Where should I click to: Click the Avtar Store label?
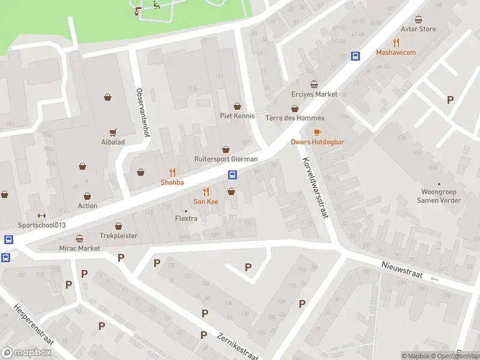coord(418,29)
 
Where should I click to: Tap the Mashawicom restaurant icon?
coord(396,42)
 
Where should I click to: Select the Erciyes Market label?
coord(314,94)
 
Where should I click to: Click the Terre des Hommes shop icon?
coord(295,109)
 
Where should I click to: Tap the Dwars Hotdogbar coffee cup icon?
coord(317,132)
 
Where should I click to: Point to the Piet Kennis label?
coord(237,116)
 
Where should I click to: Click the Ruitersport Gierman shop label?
coord(226,159)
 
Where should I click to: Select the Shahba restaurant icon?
coord(172,172)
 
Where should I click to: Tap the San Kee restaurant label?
coord(205,202)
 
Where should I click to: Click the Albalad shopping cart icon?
coord(112,132)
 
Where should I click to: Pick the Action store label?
coord(88,206)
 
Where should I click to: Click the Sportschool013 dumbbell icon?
coord(41,216)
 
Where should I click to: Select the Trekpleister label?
coord(118,236)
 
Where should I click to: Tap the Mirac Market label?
coord(79,248)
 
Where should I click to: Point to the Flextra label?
coord(186,218)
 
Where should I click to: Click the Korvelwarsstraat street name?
coord(314,187)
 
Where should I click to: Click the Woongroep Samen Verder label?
coord(439,196)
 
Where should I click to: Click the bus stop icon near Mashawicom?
coord(355,56)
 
